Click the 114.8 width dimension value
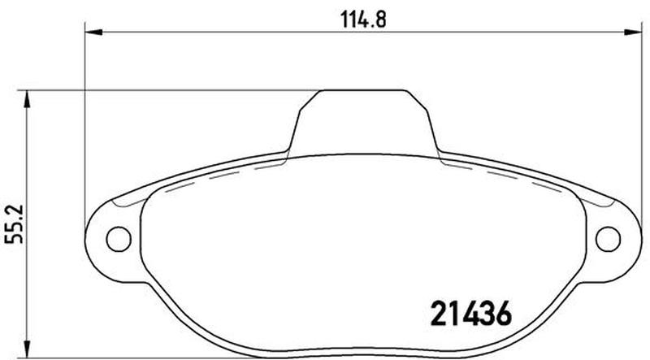pos(363,20)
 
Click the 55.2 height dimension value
pos(15,224)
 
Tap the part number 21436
pos(471,314)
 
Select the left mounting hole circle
pos(119,239)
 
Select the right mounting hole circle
pos(608,239)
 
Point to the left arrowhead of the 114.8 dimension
pos(93,33)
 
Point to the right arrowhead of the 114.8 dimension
pos(634,33)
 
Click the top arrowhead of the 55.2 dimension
pos(27,99)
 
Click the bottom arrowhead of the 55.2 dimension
pos(27,349)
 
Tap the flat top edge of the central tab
pos(362,90)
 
